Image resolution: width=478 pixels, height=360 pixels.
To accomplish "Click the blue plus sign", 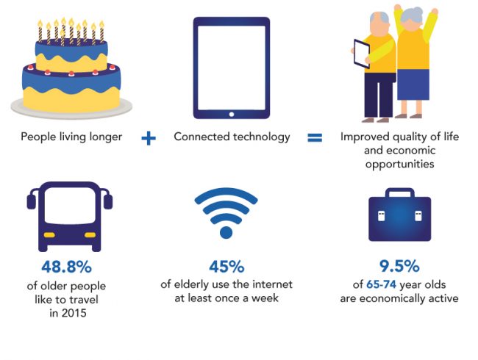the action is (149, 138).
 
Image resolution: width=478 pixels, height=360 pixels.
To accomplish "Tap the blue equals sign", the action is (315, 138).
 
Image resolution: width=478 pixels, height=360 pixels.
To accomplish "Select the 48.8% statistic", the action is (66, 267).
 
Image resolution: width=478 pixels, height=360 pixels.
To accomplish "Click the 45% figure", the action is (226, 267).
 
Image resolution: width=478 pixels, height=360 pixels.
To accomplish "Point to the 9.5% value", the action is (399, 266).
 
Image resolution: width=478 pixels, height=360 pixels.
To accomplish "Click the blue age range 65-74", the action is (382, 284).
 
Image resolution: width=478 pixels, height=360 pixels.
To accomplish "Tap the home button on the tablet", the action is (232, 114).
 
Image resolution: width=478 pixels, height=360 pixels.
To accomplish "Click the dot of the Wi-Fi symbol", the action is (226, 232).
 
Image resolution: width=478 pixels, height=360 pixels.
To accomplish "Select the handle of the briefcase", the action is (399, 192).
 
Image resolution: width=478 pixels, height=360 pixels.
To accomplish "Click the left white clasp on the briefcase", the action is (381, 216).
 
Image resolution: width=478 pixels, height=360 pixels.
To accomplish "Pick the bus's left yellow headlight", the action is (49, 235).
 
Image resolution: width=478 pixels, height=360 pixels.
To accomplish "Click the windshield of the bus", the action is (70, 206).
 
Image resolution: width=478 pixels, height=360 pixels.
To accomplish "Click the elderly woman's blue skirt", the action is (413, 84).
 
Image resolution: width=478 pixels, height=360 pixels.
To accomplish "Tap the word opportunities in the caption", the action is (399, 165).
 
